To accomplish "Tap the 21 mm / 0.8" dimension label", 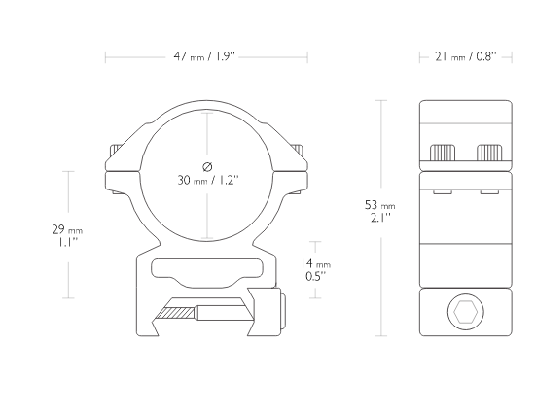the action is click(x=466, y=56).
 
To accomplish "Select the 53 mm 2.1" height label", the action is click(x=380, y=211).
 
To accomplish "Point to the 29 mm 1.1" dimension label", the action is click(x=67, y=235).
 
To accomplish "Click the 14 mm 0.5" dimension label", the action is click(x=315, y=269).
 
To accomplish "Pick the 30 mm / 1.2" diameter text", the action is click(x=208, y=180).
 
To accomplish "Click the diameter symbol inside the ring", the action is click(x=207, y=166).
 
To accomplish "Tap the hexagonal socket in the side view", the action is click(x=465, y=312).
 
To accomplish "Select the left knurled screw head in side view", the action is click(x=443, y=153).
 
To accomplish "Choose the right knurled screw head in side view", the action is click(x=489, y=153).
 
